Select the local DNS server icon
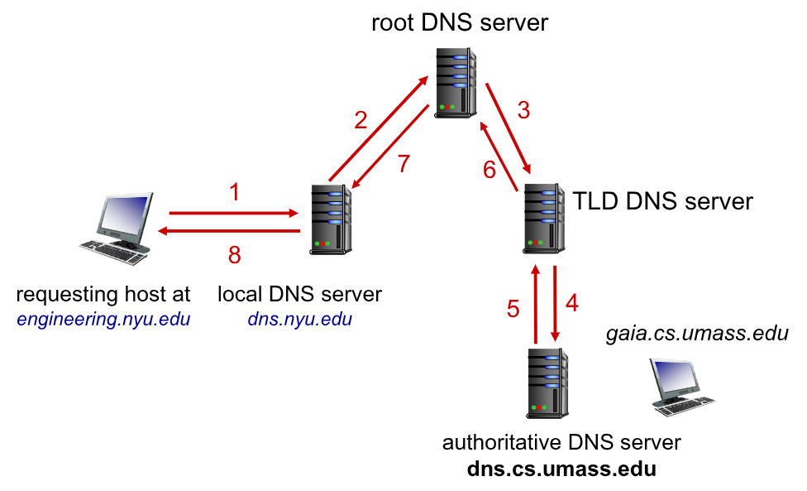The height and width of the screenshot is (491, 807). click(x=329, y=217)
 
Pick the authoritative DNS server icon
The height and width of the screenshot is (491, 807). click(x=547, y=383)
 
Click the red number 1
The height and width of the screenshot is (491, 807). click(x=235, y=194)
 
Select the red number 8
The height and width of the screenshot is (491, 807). click(x=235, y=256)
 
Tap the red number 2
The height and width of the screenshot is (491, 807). click(x=361, y=121)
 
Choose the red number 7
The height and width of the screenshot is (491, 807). click(x=403, y=164)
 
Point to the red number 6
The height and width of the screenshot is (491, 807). click(x=489, y=170)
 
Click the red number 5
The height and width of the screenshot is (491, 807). click(x=513, y=309)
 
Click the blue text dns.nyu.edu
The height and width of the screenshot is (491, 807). click(x=299, y=320)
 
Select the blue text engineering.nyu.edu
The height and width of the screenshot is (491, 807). click(x=103, y=320)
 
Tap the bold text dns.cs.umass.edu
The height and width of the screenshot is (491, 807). click(x=561, y=469)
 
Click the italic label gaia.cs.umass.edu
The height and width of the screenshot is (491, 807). click(x=697, y=334)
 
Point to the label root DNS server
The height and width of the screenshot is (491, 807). click(x=460, y=22)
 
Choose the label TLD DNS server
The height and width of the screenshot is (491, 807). click(x=663, y=201)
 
